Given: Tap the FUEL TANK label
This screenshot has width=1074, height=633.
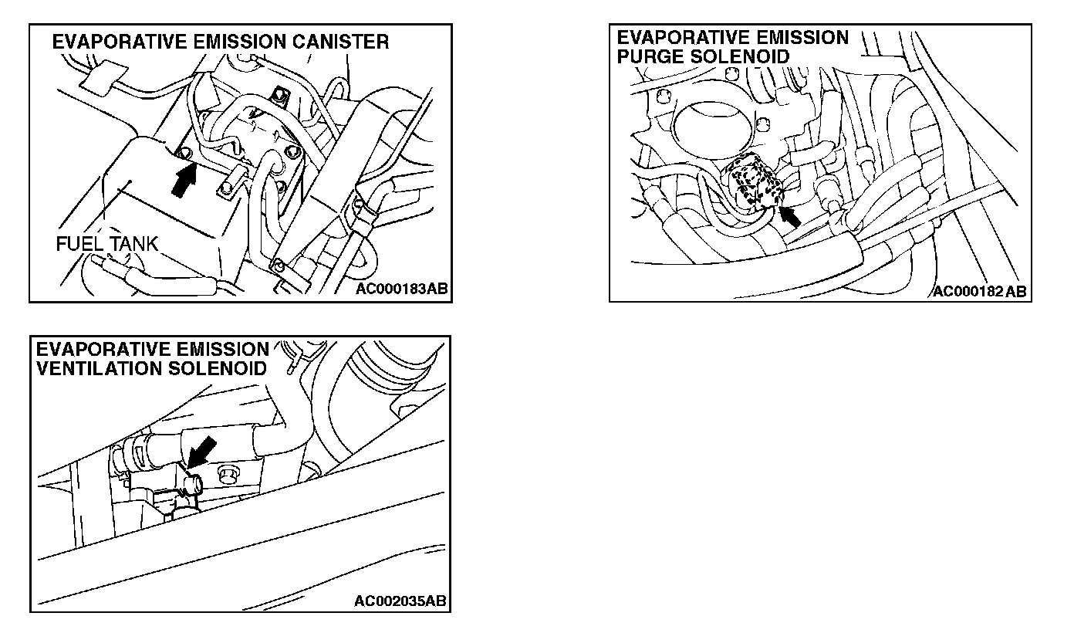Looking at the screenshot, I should pyautogui.click(x=106, y=245).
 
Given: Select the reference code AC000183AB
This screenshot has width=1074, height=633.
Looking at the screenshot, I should pyautogui.click(x=401, y=289).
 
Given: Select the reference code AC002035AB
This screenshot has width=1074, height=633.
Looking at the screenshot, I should pyautogui.click(x=401, y=601).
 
